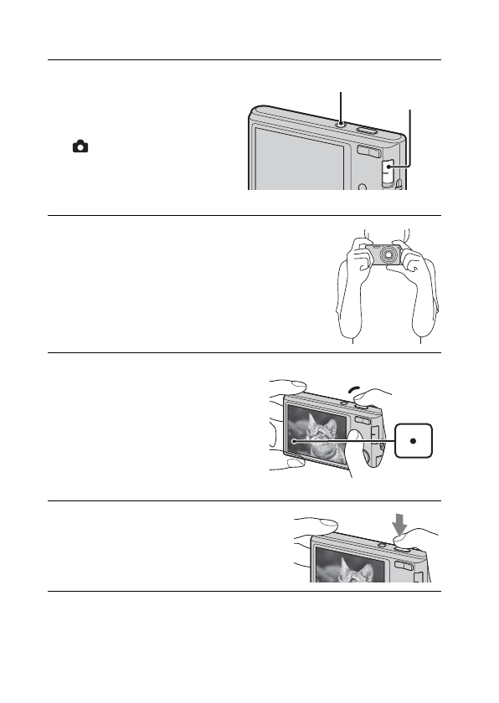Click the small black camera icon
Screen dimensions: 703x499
pyautogui.click(x=80, y=146)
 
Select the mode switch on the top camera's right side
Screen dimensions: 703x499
pyautogui.click(x=388, y=172)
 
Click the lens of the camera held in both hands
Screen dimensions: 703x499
pyautogui.click(x=388, y=255)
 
